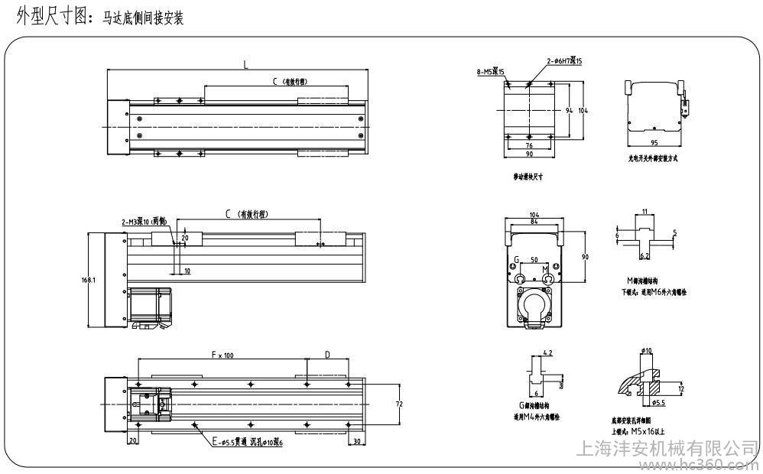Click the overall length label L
point(245,65)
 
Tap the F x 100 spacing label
point(222,354)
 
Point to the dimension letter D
point(327,354)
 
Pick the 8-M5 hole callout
point(488,71)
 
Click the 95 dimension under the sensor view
point(654,142)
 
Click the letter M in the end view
point(544,269)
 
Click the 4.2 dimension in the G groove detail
point(547,352)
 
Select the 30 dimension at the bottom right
point(357,442)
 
